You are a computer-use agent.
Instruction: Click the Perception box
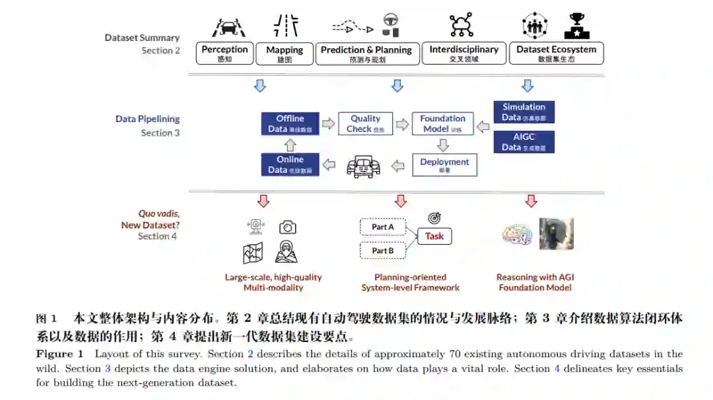(x=225, y=53)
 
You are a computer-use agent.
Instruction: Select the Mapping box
(x=285, y=53)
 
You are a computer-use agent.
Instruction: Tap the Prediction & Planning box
(x=366, y=53)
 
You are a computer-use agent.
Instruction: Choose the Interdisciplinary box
(x=463, y=53)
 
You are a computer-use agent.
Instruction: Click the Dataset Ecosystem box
(x=556, y=53)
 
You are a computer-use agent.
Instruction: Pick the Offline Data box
(x=290, y=123)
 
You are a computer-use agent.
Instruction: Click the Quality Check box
(x=365, y=123)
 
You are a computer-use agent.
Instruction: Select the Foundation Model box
(x=442, y=123)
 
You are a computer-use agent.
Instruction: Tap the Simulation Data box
(x=524, y=112)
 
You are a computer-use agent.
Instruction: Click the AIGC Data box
(x=524, y=142)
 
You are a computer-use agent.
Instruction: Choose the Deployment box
(x=444, y=164)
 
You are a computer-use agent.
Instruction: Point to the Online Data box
(x=290, y=164)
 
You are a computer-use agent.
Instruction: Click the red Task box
(x=434, y=236)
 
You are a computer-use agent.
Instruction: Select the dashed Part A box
(x=383, y=227)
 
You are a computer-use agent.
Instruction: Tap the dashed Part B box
(x=383, y=251)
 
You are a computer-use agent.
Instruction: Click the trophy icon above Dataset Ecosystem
(x=576, y=26)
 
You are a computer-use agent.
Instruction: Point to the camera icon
(x=287, y=228)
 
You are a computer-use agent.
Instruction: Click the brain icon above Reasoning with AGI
(x=517, y=234)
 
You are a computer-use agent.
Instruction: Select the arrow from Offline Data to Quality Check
(x=328, y=123)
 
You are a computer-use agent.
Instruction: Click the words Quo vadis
(x=158, y=214)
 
